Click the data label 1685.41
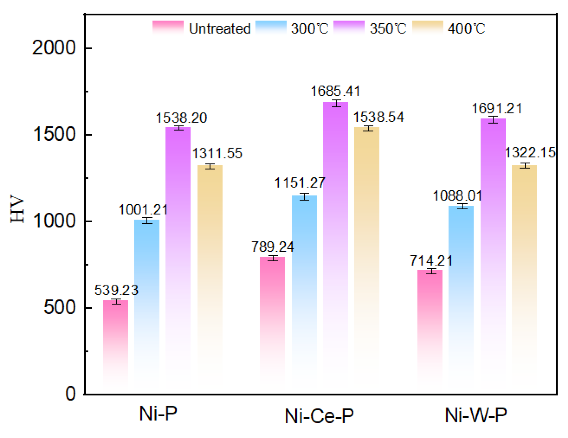(x=335, y=91)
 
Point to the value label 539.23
(x=117, y=290)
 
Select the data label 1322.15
(x=530, y=152)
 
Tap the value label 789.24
(x=273, y=247)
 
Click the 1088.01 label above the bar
(x=458, y=196)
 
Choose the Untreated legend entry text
(x=220, y=29)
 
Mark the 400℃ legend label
(x=466, y=29)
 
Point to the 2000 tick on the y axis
(x=54, y=47)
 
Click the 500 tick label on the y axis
(x=59, y=307)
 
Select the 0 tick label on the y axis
(x=71, y=394)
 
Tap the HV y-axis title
(x=17, y=209)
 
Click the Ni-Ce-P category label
(x=319, y=416)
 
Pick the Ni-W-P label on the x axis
(x=476, y=415)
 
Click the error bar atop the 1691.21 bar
(x=493, y=119)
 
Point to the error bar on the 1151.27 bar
(x=304, y=197)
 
